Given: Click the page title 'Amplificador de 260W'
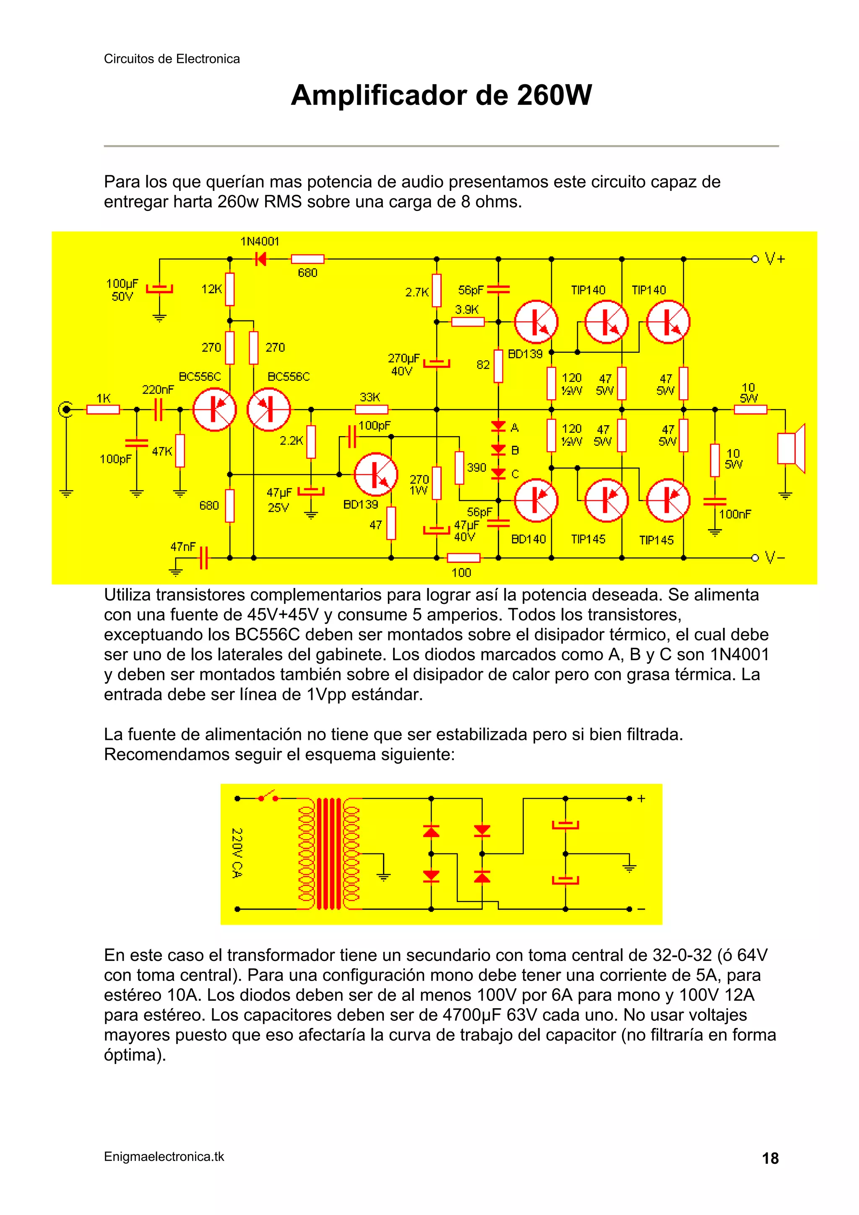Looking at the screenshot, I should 441,95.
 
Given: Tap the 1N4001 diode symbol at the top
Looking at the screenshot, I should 260,259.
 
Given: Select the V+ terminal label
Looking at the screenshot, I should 776,259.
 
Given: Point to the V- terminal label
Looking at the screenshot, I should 776,558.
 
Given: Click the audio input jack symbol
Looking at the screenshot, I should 66,409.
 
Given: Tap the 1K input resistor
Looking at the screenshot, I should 103,409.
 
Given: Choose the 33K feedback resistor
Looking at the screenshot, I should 371,409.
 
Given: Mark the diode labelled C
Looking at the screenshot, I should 498,474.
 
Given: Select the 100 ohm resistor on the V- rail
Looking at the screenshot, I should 463,558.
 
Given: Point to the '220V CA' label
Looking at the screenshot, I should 237,853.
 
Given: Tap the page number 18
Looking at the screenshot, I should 770,1158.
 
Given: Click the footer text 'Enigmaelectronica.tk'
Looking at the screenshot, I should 164,1157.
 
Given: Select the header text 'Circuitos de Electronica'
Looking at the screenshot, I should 172,59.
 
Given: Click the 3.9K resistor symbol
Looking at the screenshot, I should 468,322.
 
